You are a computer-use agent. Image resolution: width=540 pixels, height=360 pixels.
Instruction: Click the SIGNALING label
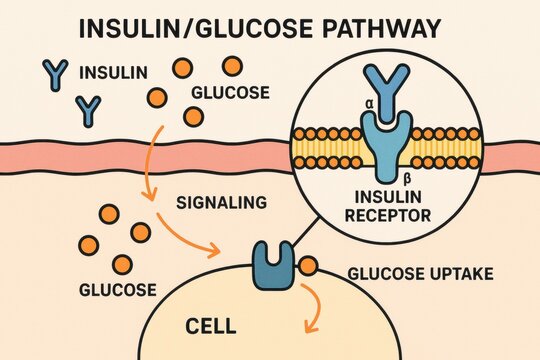pos(221,203)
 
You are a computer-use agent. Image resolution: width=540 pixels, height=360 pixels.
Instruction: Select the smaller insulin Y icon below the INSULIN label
pos(88,106)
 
